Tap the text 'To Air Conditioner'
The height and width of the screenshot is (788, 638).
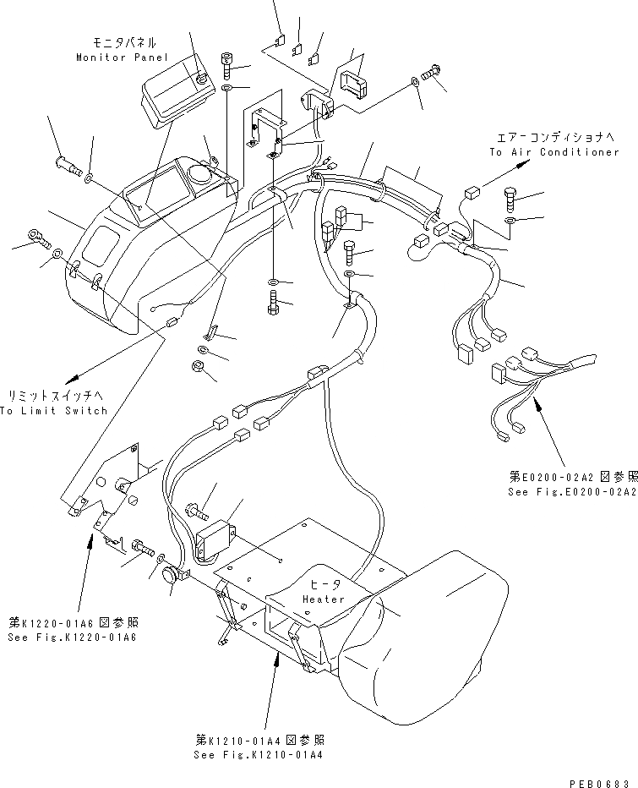point(553,152)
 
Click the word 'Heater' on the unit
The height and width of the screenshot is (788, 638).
point(324,599)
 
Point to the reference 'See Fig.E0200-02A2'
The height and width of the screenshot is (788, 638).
point(572,491)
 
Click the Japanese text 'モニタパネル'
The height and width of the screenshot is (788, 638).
point(126,42)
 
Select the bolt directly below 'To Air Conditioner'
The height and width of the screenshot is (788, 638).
point(512,199)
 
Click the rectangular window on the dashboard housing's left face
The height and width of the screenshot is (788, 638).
point(101,243)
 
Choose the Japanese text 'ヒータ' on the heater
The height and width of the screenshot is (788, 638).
point(324,583)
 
